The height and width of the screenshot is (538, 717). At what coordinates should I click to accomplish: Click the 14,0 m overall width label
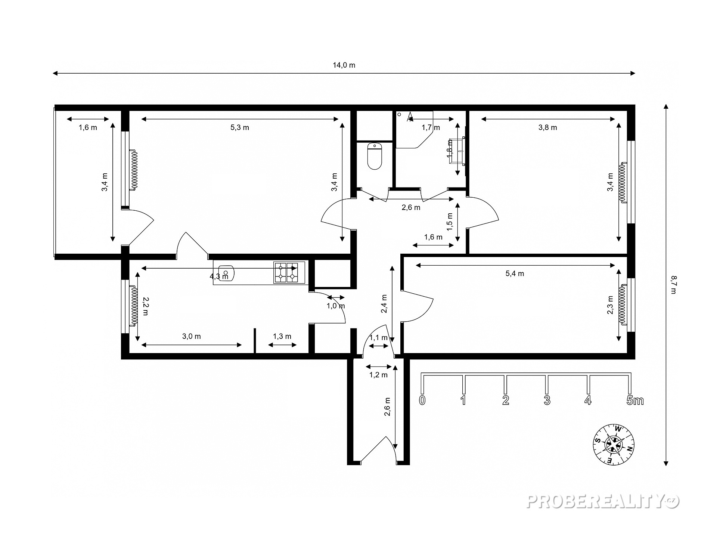coord(344,65)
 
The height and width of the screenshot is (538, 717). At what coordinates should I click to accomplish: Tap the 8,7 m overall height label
coord(673,285)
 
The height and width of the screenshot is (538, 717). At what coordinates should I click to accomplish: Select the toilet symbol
coord(375,156)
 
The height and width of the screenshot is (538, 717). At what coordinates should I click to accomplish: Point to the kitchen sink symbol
coord(226,273)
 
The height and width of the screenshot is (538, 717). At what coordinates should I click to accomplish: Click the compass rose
coord(614,445)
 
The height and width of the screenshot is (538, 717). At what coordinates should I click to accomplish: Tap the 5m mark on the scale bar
coord(635,401)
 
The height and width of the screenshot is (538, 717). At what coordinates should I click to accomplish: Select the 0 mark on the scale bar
coord(422,401)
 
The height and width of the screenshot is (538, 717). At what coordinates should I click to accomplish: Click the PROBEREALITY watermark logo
coord(603,502)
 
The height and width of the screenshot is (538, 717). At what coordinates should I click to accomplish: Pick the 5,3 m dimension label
coord(240,127)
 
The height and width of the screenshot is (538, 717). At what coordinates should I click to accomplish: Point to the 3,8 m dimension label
coord(547,127)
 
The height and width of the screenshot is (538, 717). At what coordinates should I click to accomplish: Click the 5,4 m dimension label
coord(515,273)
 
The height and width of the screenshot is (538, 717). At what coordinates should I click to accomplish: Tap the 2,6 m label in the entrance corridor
coord(387,406)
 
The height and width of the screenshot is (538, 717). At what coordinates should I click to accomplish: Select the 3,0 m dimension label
coord(192,336)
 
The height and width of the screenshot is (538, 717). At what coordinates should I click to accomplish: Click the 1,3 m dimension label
coord(282,336)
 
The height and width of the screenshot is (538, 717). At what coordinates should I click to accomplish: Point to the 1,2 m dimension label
coord(379,375)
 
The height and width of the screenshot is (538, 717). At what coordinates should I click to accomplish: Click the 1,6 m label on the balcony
coord(88,127)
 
